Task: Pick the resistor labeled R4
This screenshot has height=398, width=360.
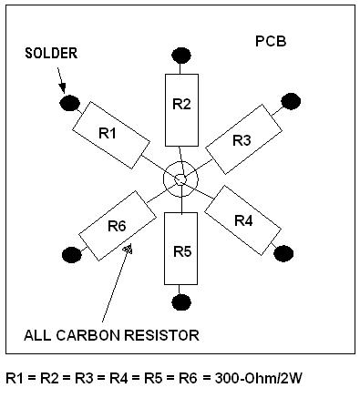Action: coord(242,219)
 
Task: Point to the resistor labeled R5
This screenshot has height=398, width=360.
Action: coord(181,250)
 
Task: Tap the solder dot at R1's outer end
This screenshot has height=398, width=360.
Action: coord(67,104)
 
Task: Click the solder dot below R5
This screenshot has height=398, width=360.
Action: coord(181,301)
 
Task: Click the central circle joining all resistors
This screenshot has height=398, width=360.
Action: coord(180,179)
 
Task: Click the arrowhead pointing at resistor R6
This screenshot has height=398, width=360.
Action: coord(128,248)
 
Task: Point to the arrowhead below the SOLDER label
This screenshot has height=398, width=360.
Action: coord(61,91)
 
